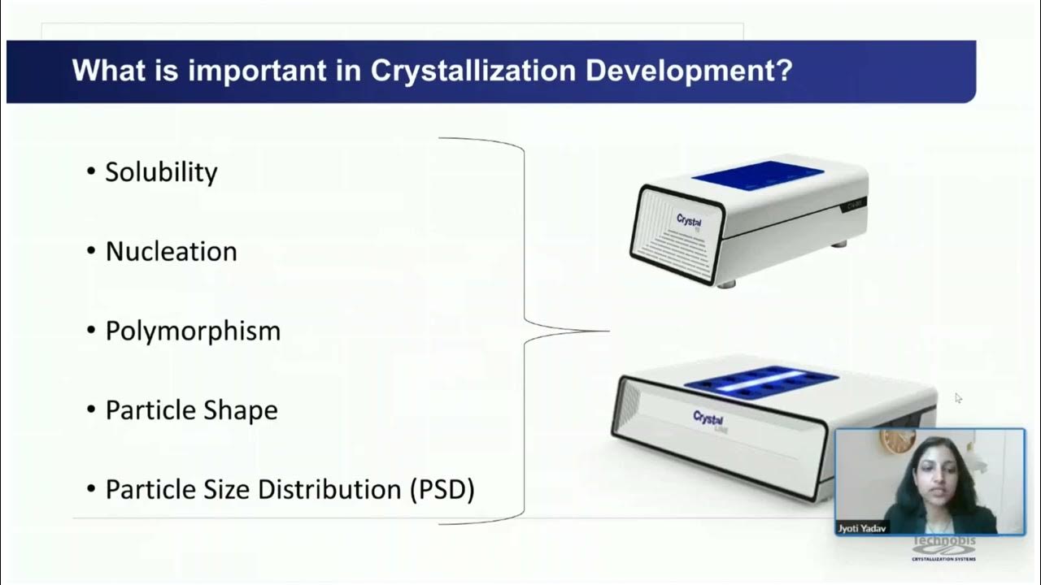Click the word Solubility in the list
click(x=161, y=172)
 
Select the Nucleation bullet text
click(x=171, y=252)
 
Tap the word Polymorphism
click(x=193, y=331)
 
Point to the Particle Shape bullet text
click(x=191, y=410)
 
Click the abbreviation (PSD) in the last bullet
click(x=442, y=490)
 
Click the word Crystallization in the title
click(x=474, y=71)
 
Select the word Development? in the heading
click(x=689, y=71)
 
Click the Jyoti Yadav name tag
click(x=863, y=528)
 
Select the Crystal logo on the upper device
click(x=689, y=220)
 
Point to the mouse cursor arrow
click(x=958, y=397)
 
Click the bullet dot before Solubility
click(x=90, y=172)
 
